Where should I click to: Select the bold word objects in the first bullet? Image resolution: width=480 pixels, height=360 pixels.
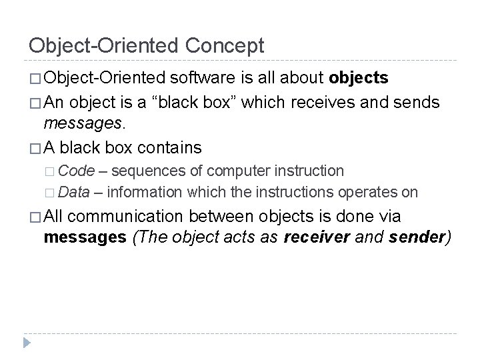pyautogui.click(x=359, y=78)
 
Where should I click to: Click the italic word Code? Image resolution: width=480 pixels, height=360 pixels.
pyautogui.click(x=74, y=171)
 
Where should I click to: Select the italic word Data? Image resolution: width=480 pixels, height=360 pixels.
pyautogui.click(x=73, y=193)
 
